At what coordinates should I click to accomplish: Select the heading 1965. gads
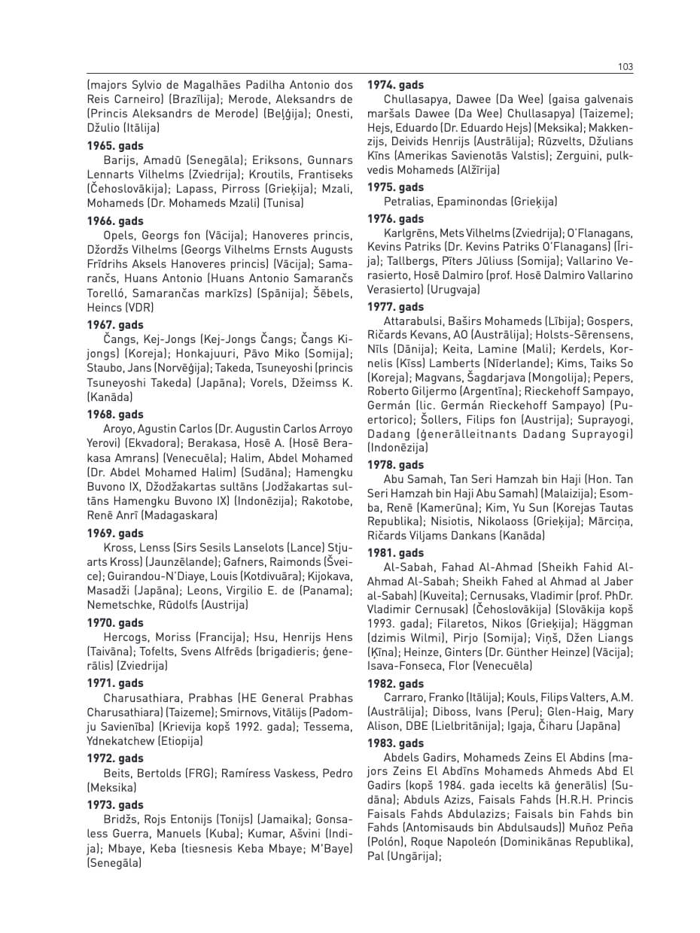(115, 145)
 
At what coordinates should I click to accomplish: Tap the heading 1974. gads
(395, 85)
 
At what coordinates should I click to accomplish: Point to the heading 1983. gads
(395, 743)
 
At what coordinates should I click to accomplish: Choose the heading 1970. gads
(115, 623)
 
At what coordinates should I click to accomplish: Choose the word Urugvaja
(452, 289)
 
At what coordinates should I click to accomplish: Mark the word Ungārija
(410, 856)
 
